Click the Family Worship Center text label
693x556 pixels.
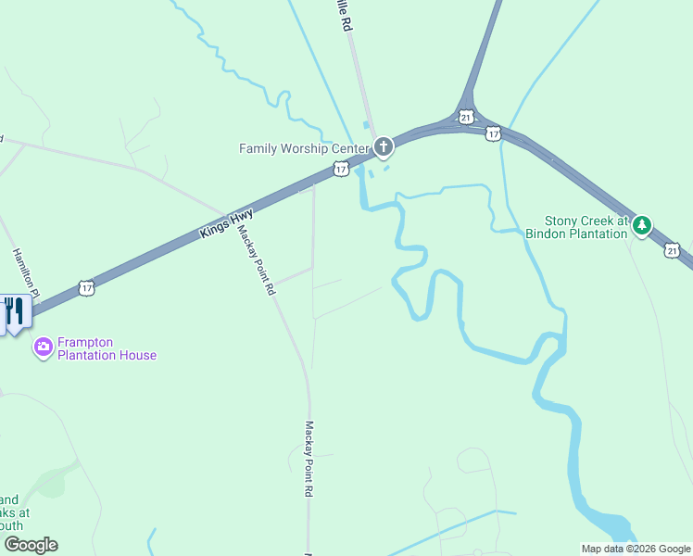(303, 148)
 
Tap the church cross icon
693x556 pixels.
(383, 146)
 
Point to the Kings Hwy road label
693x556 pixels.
(226, 224)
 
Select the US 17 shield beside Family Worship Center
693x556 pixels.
(342, 170)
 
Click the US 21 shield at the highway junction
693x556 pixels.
(466, 117)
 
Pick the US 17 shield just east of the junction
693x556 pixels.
(494, 133)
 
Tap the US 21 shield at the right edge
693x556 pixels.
(673, 250)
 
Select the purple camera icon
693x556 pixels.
(43, 347)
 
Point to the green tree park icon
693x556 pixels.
(642, 224)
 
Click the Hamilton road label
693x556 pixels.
(25, 273)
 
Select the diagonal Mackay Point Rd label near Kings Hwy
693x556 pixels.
(257, 260)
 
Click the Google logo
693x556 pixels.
(31, 545)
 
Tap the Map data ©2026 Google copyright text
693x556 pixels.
(636, 549)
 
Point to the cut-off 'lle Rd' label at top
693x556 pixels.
(346, 17)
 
